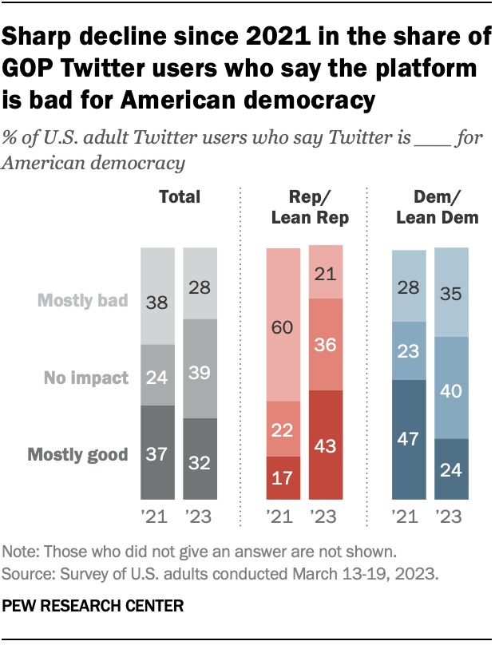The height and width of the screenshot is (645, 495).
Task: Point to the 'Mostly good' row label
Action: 78,455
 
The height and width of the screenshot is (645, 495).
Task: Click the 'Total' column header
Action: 180,196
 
